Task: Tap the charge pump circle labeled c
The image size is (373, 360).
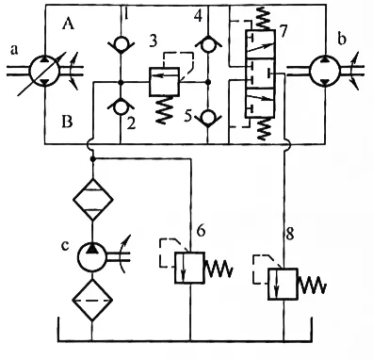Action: click(x=91, y=252)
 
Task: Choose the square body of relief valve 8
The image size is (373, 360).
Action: click(x=283, y=283)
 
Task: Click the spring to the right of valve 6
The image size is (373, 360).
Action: click(x=220, y=270)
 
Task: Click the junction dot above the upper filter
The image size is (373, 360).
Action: click(x=91, y=159)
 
